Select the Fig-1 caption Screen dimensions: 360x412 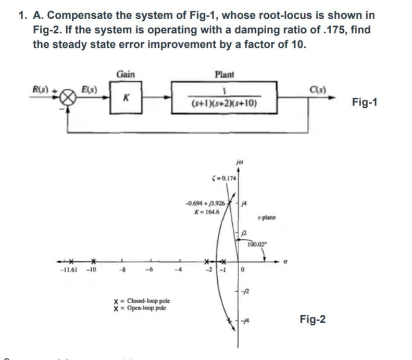click(365, 101)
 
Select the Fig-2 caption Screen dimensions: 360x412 click(313, 319)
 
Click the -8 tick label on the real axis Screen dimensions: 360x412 click(122, 276)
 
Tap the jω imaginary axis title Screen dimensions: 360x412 click(240, 163)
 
